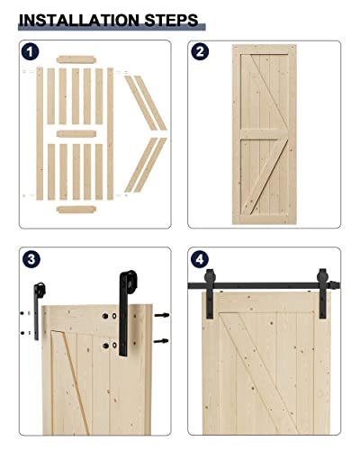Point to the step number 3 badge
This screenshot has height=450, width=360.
click(31, 261)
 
